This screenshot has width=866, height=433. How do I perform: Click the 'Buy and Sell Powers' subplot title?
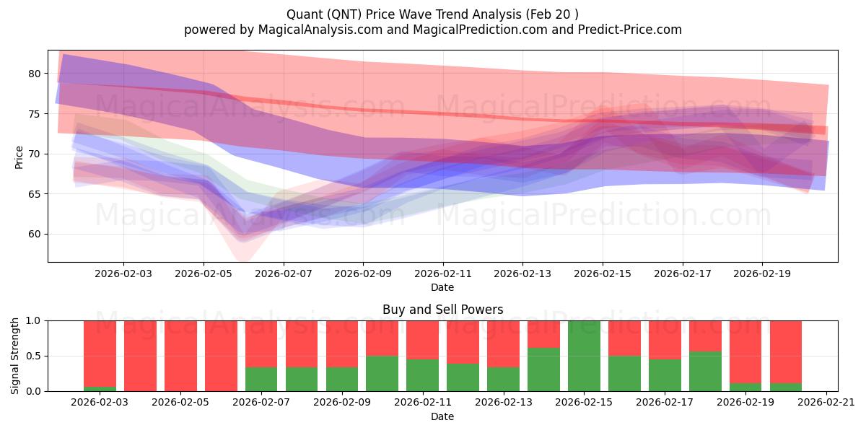[442, 310]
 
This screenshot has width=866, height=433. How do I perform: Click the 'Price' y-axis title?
[19, 157]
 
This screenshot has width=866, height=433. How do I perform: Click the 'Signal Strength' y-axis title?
[16, 356]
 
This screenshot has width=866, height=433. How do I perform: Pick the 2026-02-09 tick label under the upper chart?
[363, 274]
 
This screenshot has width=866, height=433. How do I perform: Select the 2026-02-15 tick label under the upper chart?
[603, 274]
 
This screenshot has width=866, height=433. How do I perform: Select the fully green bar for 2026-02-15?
[583, 356]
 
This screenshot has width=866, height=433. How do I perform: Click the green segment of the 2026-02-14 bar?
[543, 369]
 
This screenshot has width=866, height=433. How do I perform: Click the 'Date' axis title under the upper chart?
[442, 287]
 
